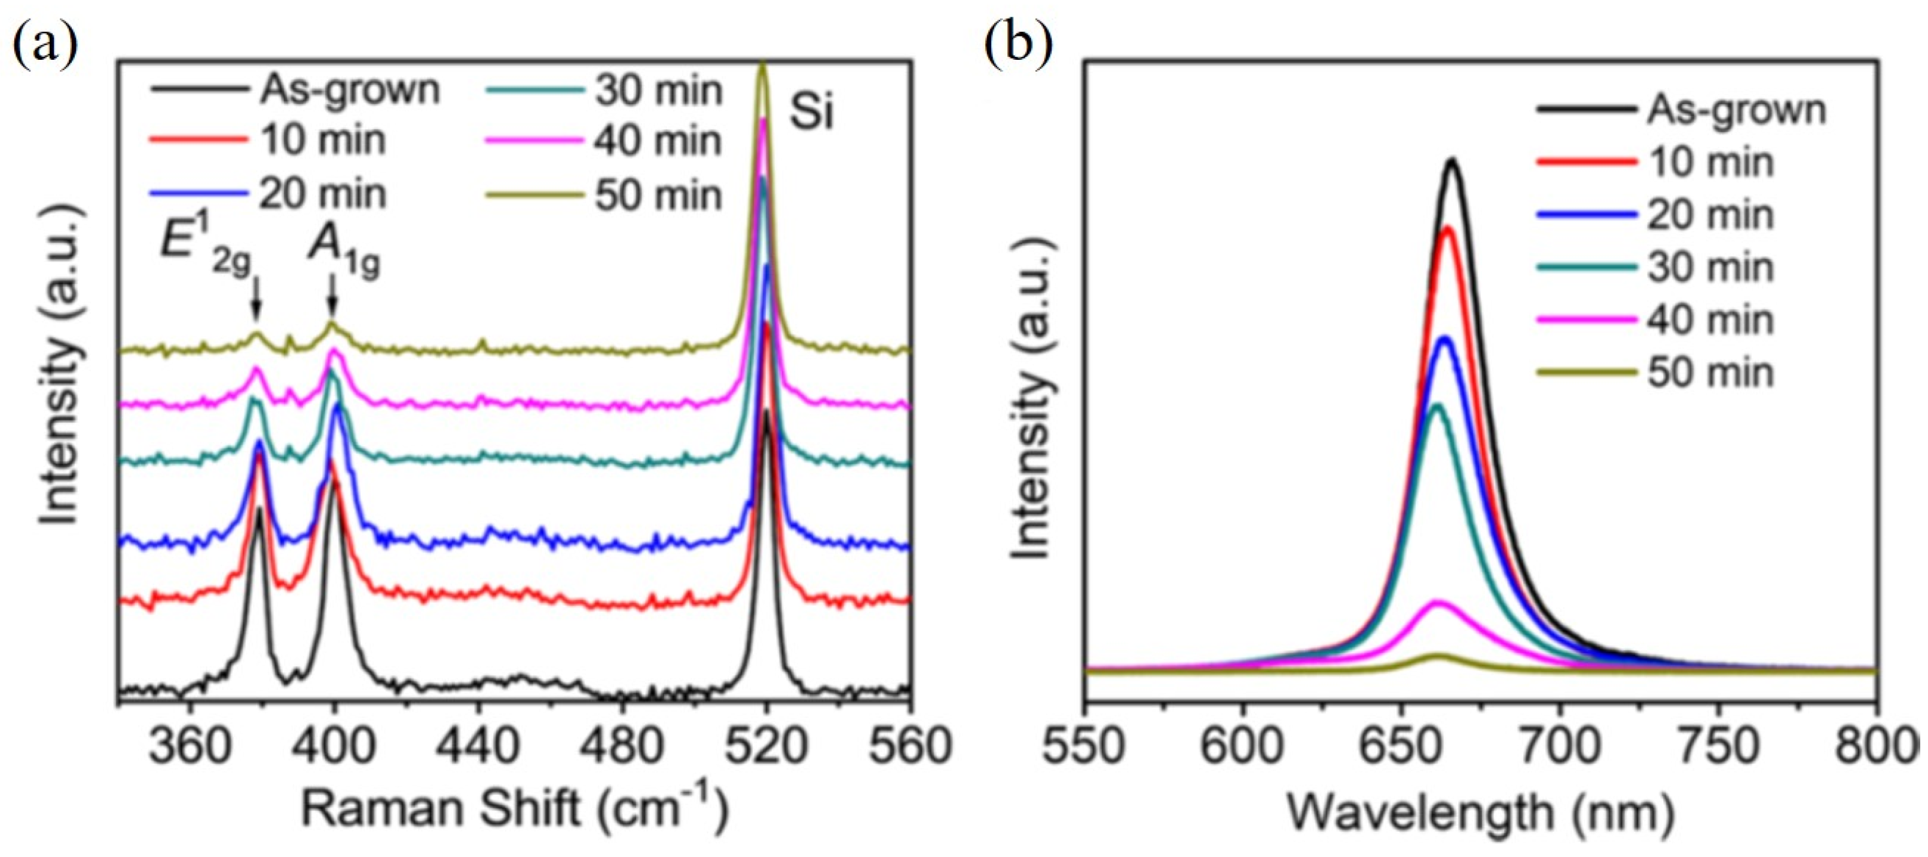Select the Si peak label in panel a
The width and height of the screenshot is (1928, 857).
[811, 114]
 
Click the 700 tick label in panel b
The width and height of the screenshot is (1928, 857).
[1560, 746]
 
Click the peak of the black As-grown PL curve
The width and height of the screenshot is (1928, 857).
[1452, 160]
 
